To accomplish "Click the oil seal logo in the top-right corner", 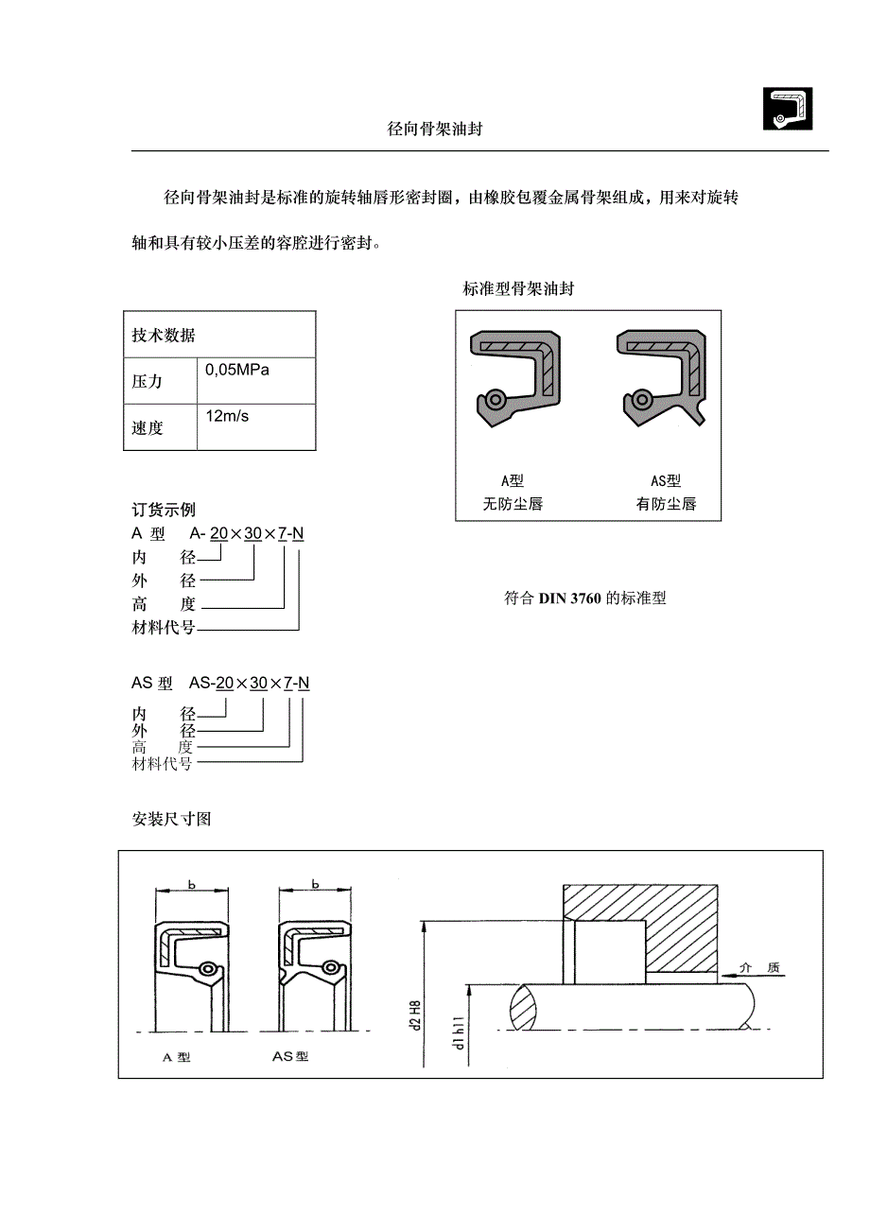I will coord(788,109).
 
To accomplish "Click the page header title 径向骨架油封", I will coord(435,130).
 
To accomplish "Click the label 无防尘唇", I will coord(513,504).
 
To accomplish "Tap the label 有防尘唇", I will coord(666,504).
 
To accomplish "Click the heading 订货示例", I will coord(164,511).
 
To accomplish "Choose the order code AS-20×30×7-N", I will coord(250,683).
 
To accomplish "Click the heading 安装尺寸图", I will coord(171,819).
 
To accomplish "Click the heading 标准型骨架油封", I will coord(518,289).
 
